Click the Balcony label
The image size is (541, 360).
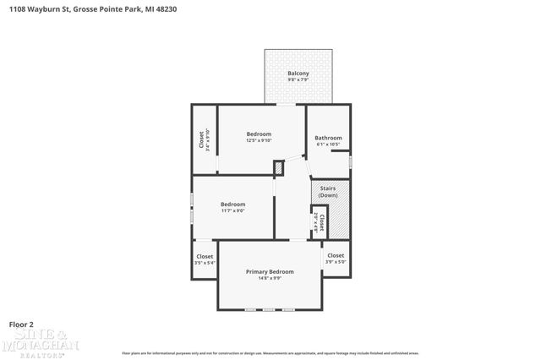coord(298,74)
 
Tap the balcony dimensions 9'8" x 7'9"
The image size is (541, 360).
coord(298,80)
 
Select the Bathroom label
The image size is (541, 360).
coord(328,138)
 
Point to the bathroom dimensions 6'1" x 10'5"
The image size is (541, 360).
coord(328,145)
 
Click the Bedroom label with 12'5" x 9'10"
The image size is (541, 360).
coord(259,134)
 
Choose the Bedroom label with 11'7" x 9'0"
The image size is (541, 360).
coord(232,204)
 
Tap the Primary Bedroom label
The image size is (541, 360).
coord(270,271)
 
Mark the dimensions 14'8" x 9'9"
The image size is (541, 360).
coord(270,278)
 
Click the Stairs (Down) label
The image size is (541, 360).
coord(328,192)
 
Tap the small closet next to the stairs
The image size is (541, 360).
coord(320,221)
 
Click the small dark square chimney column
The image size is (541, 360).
coord(279,168)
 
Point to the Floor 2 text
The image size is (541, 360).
coord(21,324)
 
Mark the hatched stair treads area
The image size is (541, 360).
coord(337,221)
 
